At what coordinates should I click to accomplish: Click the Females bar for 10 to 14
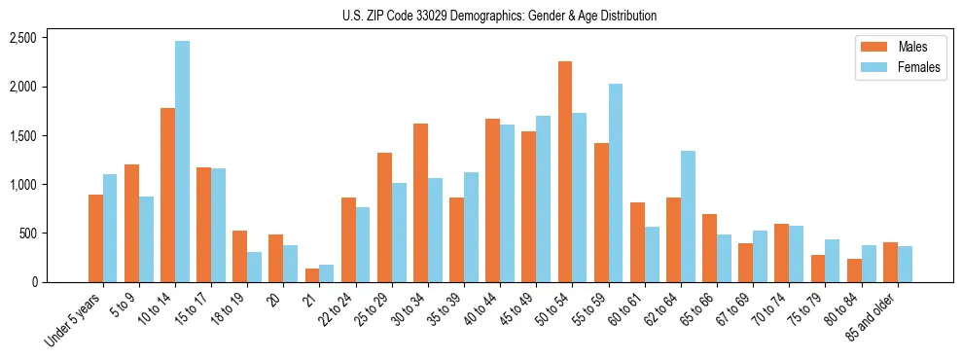[x=182, y=162]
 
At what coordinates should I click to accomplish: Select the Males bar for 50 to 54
[x=565, y=171]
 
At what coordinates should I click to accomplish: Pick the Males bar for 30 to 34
[x=420, y=202]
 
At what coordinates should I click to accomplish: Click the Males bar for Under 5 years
[x=95, y=238]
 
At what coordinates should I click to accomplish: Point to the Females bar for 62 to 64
[x=688, y=216]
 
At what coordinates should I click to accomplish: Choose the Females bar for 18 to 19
[x=254, y=267]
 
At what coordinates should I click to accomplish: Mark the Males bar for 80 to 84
[x=854, y=270]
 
